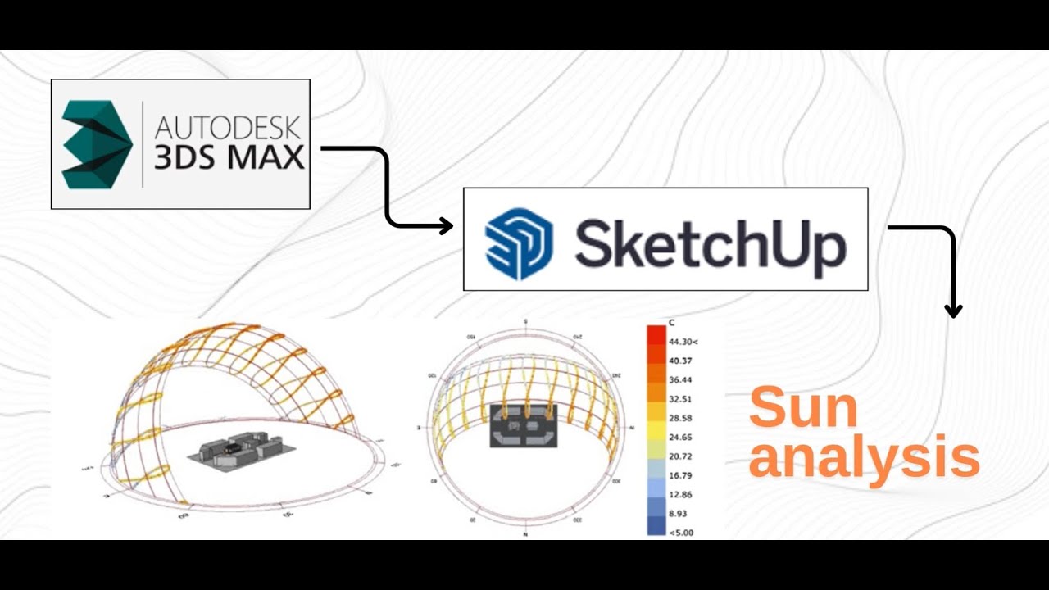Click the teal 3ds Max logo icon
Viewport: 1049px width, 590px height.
point(97,145)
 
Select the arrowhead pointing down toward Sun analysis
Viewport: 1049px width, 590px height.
point(952,311)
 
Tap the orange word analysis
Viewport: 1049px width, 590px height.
point(864,459)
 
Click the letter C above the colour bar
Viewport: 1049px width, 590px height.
point(671,323)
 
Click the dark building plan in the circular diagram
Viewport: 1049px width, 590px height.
point(523,424)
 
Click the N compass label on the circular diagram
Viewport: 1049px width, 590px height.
point(524,534)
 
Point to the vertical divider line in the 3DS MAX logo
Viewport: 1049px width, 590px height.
point(143,144)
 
